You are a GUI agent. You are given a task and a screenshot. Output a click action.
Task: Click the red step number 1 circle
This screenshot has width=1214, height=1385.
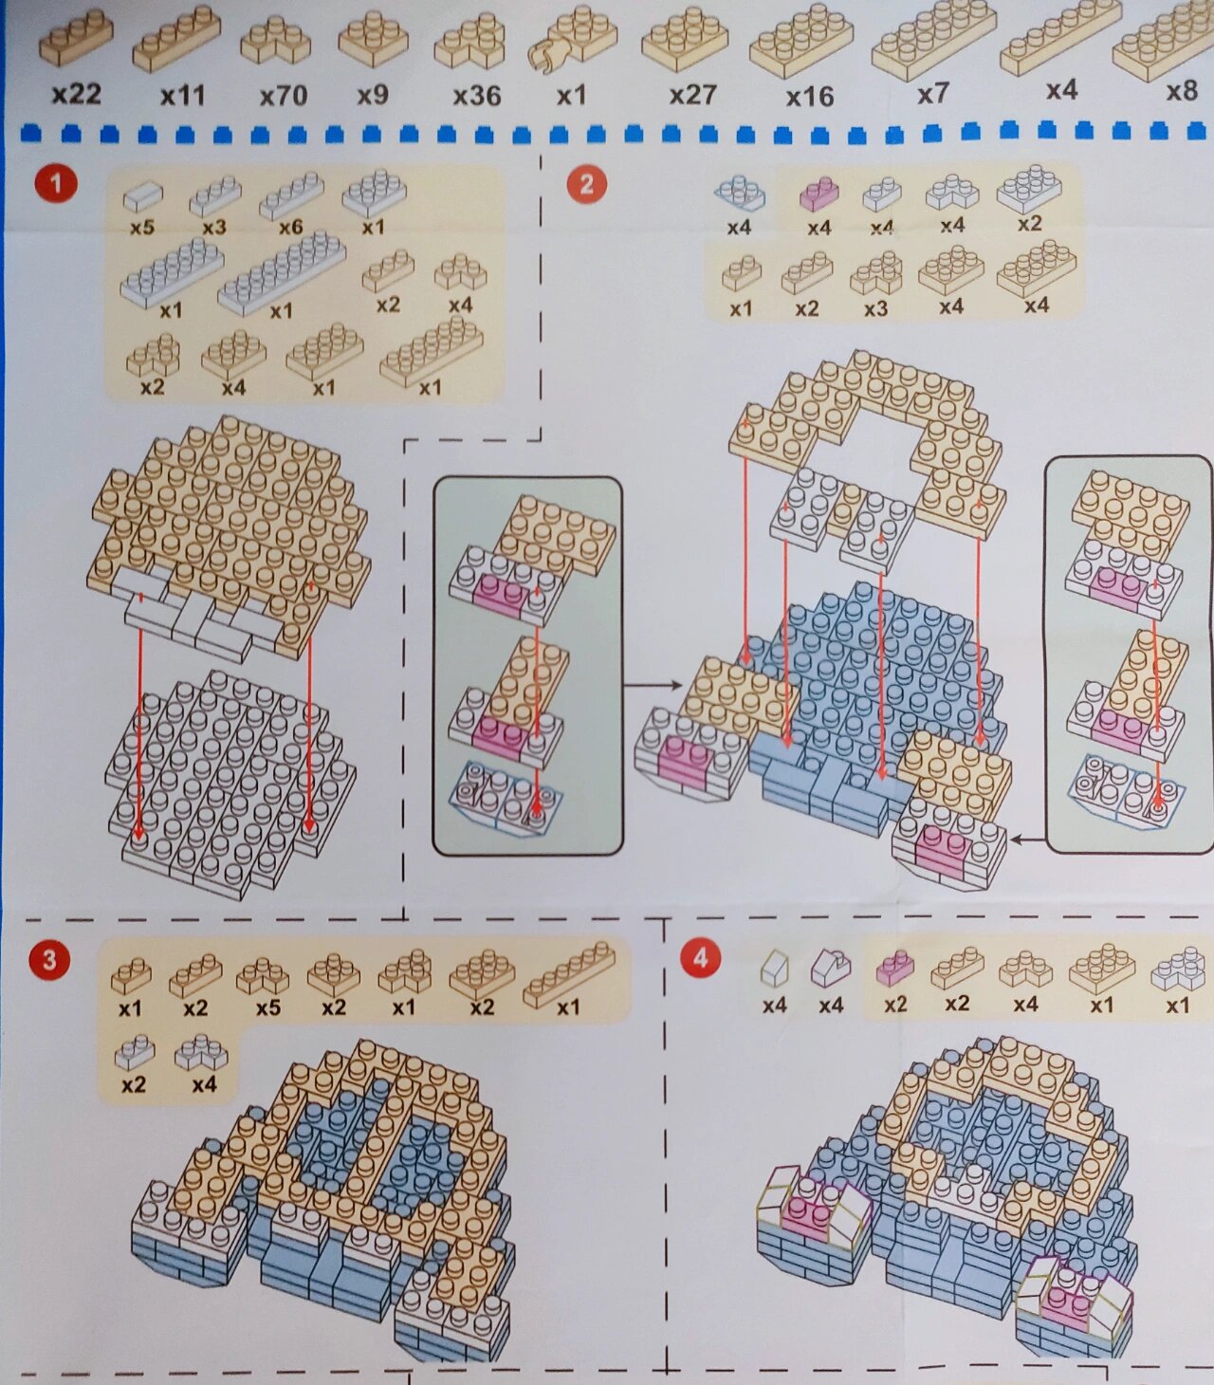(55, 183)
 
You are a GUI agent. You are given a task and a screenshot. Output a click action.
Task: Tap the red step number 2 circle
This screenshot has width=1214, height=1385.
(586, 184)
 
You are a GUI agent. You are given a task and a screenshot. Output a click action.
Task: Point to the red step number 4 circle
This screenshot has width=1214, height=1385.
(700, 958)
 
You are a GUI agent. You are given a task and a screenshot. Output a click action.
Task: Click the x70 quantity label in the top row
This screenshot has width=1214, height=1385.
(283, 96)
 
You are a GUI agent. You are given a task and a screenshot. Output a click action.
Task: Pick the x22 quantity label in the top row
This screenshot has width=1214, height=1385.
(76, 94)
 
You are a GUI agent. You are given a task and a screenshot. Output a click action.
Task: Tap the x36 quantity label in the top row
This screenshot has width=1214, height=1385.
(476, 96)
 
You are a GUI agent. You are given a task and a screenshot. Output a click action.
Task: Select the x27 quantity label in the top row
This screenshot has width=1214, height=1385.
(692, 95)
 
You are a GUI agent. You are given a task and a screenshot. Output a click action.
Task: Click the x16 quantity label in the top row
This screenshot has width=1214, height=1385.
(809, 97)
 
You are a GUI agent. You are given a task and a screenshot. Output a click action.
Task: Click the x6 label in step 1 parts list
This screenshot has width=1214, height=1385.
(290, 228)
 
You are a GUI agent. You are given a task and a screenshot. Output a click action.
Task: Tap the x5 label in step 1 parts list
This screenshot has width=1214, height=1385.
(141, 228)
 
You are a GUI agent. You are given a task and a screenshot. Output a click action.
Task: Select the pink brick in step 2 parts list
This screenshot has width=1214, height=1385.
(819, 194)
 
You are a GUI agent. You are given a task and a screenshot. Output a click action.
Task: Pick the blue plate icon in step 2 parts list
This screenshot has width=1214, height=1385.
(739, 193)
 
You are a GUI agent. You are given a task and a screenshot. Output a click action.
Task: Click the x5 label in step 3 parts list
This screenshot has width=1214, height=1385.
(267, 1007)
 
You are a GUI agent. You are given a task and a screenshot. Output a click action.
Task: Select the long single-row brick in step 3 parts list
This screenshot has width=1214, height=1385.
(568, 973)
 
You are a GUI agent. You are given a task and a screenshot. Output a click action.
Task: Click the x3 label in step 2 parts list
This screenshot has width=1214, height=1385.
(875, 308)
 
